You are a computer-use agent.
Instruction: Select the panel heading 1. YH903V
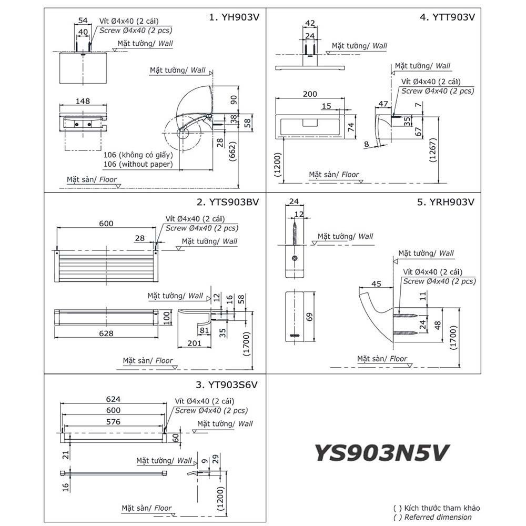pos(235,17)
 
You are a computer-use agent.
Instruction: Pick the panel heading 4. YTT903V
pos(448,17)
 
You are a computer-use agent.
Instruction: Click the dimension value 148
pos(83,101)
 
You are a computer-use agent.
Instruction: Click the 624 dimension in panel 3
pos(114,399)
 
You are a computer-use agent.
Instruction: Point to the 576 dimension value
pos(113,421)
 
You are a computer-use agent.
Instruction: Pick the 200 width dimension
pos(310,94)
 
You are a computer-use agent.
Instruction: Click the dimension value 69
pos(309,317)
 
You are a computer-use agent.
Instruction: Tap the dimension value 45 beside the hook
pos(377,284)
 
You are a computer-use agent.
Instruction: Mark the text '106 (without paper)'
pos(138,164)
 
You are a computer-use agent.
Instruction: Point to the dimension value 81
pos(205,330)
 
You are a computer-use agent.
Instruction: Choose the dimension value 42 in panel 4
pos(310,23)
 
